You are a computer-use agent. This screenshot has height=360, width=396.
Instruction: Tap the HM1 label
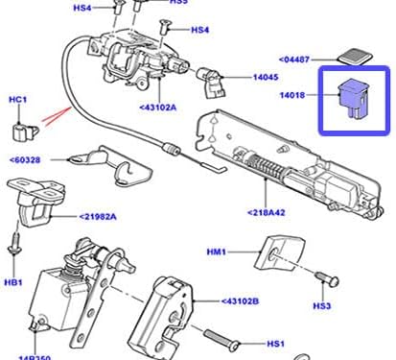pos(216,252)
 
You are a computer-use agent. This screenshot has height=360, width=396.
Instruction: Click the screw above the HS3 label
pos(326,279)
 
